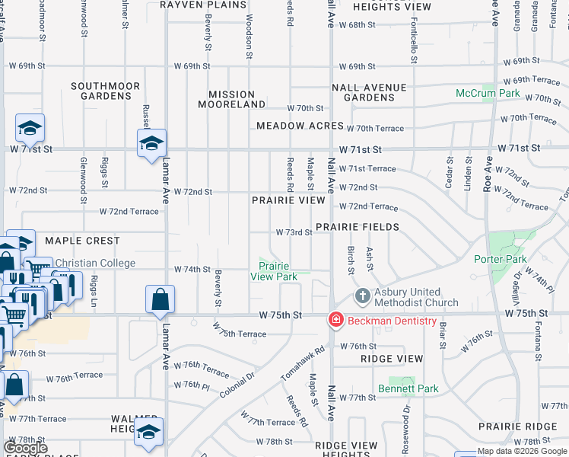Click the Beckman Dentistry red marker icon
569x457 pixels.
335,320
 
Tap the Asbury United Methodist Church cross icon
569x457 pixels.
363,296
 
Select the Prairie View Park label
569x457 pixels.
278,271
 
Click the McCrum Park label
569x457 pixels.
488,93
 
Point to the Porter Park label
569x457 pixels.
501,259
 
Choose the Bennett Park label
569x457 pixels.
408,388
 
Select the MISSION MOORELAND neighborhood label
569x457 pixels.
237,99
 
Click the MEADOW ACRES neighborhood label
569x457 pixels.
300,126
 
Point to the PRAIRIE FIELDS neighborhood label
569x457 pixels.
357,227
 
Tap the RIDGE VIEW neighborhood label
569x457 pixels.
392,358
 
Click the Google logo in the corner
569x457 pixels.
25,448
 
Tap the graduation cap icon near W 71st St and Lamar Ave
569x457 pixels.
151,142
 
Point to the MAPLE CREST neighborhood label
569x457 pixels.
82,241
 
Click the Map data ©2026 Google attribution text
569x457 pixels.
522,452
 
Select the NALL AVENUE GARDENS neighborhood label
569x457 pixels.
374,92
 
